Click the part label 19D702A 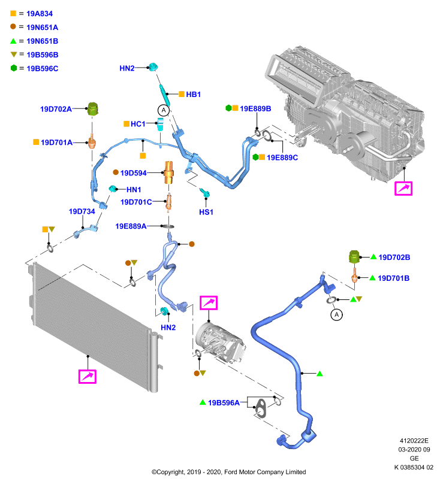coord(56,109)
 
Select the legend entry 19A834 coord(40,14)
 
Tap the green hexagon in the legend coord(14,68)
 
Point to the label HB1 coord(193,95)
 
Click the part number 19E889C coord(282,157)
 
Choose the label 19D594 coord(133,173)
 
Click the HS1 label coord(206,212)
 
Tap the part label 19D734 coord(82,211)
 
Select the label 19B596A coord(224,403)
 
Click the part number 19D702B coord(394,257)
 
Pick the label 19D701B coord(393,278)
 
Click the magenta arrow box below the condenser coord(88,377)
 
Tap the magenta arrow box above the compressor coord(209,303)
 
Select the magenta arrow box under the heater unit coord(403,189)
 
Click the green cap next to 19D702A coord(93,109)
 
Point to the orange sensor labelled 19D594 coord(168,172)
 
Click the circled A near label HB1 coord(164,110)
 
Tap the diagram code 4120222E coord(414,441)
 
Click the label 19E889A coord(131,226)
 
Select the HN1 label coord(134,190)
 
